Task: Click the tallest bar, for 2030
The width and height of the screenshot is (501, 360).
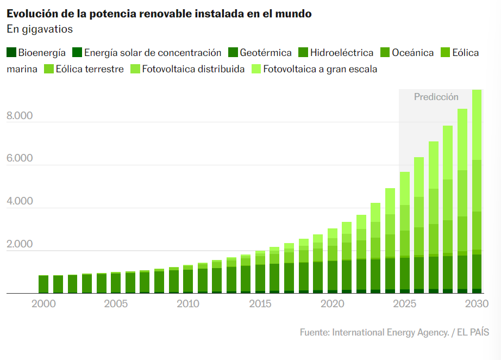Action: coord(477,191)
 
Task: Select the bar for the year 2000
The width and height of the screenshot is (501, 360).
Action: coord(43,284)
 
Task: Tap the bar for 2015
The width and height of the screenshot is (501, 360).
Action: coord(260,272)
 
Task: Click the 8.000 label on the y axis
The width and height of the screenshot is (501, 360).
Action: coord(20,116)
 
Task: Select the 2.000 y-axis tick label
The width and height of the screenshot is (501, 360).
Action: coord(20,245)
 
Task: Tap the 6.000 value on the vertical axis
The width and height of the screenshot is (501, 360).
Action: coord(20,159)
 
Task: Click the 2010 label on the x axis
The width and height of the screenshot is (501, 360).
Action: coord(187,303)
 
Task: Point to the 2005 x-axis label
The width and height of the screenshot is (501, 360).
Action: coord(116,303)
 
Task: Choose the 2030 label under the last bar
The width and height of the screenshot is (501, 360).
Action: coord(477,303)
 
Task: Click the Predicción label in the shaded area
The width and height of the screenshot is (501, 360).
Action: coord(436,97)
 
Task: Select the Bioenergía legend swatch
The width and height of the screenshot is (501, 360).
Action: coord(11,53)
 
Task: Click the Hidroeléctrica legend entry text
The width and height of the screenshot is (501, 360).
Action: coord(342,53)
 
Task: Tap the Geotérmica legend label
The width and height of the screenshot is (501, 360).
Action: coord(266,53)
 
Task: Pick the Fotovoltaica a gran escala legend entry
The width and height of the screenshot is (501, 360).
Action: coord(320,69)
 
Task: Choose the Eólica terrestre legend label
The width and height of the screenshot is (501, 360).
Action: coord(90,69)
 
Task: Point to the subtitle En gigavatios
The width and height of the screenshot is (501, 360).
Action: coord(40,29)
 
